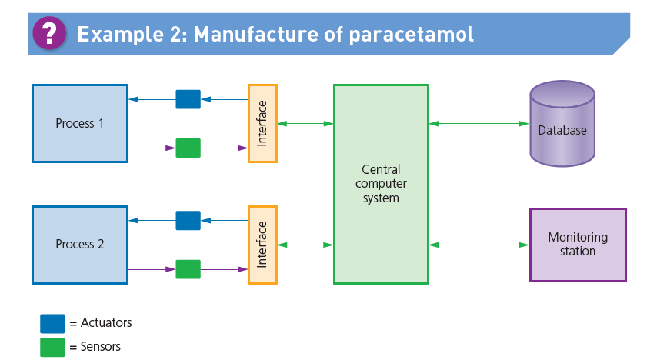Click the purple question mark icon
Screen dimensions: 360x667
[x=50, y=33]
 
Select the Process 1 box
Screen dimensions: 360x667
[x=80, y=123]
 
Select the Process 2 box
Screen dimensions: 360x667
[x=80, y=245]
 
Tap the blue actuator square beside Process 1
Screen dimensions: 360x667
[x=188, y=99]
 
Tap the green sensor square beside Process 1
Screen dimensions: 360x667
[x=188, y=148]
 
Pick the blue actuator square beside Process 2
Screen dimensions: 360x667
[x=188, y=221]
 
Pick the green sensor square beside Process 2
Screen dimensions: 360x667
[x=188, y=269]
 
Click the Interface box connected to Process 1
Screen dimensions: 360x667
[x=262, y=123]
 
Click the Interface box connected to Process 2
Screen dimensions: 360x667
[x=262, y=245]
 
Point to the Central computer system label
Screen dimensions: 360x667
[x=381, y=183]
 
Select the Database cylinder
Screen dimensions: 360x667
[x=562, y=124]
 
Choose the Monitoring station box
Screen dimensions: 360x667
[x=578, y=245]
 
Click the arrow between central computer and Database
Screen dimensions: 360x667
[x=479, y=123]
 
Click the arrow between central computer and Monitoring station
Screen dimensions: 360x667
[x=479, y=245]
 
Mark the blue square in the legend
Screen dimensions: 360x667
[x=52, y=323]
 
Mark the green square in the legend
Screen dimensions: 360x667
[x=52, y=347]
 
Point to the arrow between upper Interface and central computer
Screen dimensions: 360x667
[x=305, y=123]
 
